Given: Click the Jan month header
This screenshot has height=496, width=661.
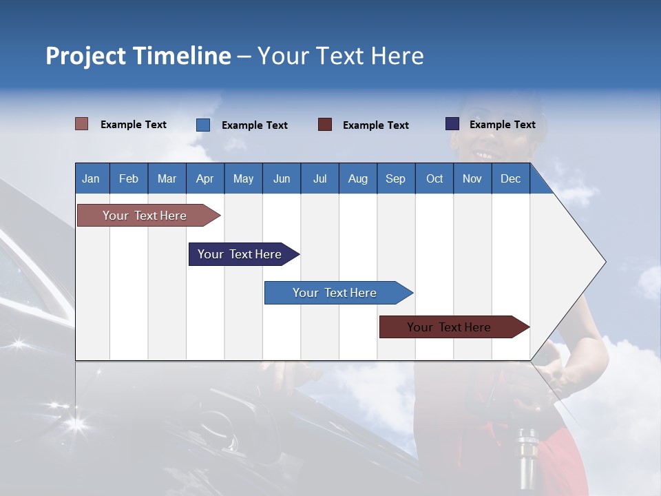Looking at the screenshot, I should pyautogui.click(x=91, y=178).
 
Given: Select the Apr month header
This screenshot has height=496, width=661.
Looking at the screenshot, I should pyautogui.click(x=204, y=178).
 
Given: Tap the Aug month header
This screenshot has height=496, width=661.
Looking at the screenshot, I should pyautogui.click(x=357, y=178).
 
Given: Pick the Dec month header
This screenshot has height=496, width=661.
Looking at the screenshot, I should pyautogui.click(x=510, y=178).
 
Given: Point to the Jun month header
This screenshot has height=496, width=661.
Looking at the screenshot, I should pyautogui.click(x=281, y=178).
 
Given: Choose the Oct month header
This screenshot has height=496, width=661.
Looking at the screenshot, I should pyautogui.click(x=434, y=178).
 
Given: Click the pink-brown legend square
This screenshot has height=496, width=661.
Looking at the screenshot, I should pyautogui.click(x=81, y=124).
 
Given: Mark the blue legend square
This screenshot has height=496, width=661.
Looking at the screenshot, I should pyautogui.click(x=202, y=125).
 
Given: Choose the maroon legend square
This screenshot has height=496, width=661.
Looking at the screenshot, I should pyautogui.click(x=324, y=125).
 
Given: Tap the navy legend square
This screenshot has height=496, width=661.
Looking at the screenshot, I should pyautogui.click(x=452, y=124).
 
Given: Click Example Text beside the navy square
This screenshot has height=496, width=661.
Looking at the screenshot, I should pyautogui.click(x=502, y=125).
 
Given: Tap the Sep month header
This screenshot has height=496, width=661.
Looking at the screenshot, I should pyautogui.click(x=395, y=178).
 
